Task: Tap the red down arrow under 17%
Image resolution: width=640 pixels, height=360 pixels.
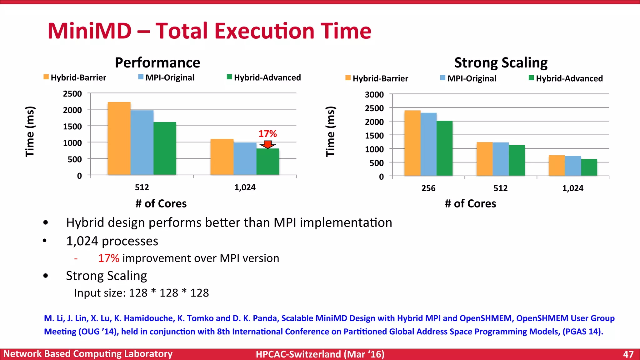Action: point(268,144)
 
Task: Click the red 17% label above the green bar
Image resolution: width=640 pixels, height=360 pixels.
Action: point(267,134)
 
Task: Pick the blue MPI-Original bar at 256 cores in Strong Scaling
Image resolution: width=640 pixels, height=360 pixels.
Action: point(428,144)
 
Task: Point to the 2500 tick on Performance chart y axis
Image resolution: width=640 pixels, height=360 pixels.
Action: point(72,94)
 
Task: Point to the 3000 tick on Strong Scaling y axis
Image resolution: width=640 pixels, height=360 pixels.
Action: point(374,95)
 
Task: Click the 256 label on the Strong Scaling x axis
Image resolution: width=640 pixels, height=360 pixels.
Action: point(428,188)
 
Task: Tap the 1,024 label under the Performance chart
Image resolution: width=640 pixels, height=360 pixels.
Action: point(245,187)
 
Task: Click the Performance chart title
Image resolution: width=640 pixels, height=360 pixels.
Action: point(157,62)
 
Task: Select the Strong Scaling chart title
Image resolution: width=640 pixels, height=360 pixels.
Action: point(501,62)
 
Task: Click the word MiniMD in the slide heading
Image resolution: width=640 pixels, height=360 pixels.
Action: point(90,31)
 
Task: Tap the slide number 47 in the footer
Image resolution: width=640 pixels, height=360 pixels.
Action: point(628,354)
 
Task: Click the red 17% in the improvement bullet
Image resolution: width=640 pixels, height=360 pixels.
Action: point(108,258)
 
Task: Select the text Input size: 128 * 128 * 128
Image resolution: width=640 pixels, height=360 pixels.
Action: point(141,293)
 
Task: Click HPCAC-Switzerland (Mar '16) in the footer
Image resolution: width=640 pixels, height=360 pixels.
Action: point(320,354)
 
